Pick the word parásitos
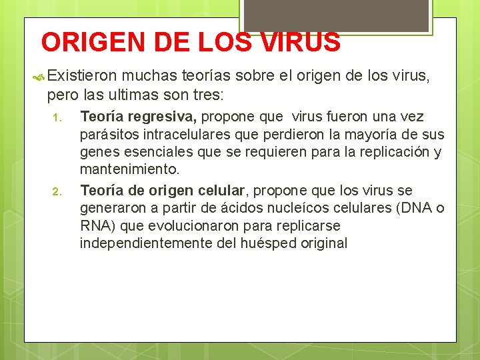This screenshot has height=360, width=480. tap(109, 135)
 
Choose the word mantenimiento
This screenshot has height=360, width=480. tap(129, 169)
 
